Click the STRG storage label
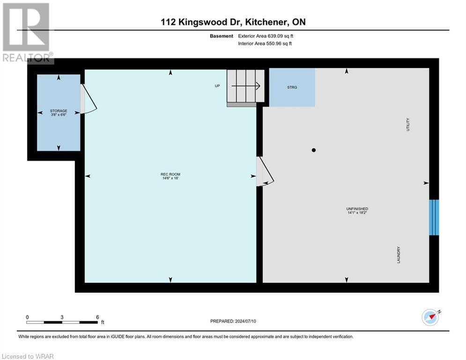pos(292,87)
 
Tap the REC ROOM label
pos(170,176)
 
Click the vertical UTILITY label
pos(408,124)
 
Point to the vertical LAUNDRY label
pos(399,255)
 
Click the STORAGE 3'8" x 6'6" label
pos(59,112)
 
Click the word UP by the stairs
pos(217,86)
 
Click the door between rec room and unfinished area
pos(265,172)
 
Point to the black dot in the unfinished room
pos(314,150)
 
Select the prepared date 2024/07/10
pos(232,321)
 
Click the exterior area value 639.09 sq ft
pos(266,36)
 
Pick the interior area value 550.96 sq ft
pos(266,44)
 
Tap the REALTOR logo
pos(26,33)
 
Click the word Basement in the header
pos(222,36)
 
